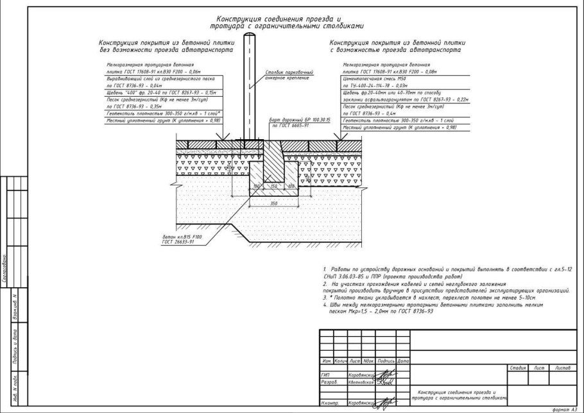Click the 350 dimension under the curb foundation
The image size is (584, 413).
274,202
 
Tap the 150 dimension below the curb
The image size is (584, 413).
274,187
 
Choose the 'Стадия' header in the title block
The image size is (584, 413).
517,367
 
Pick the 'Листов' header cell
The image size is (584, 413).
563,367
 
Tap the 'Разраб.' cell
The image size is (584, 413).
328,381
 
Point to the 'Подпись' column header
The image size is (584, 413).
386,362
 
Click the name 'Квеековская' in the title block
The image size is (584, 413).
361,381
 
